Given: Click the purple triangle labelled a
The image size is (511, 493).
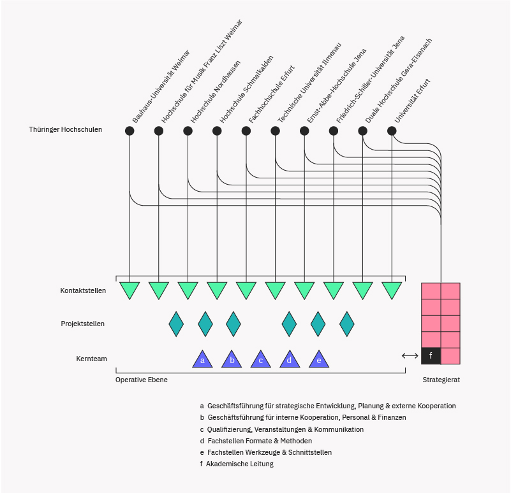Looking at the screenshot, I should (x=202, y=361).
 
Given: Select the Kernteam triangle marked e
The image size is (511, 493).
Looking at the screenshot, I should (x=319, y=361).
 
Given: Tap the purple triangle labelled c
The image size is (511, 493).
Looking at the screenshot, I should (x=260, y=361).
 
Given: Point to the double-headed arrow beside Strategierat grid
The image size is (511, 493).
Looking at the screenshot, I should (x=410, y=355).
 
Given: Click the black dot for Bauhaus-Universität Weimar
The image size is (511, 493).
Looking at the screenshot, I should (x=130, y=131).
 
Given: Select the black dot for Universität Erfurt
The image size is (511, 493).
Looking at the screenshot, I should (x=392, y=131).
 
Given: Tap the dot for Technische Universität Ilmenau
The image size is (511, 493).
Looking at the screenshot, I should (x=275, y=131).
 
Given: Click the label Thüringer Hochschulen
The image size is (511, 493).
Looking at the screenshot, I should (x=65, y=130).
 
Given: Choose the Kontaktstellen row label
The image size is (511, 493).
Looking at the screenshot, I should (x=83, y=290).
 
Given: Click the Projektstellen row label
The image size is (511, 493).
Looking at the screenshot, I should (x=82, y=324).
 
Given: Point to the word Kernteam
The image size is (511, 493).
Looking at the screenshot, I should (x=91, y=359).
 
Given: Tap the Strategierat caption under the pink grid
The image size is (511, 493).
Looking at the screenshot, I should (x=441, y=380).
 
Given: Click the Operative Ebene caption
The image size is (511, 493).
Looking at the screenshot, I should (x=142, y=380).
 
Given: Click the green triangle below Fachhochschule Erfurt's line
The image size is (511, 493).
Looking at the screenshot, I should (x=246, y=290).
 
